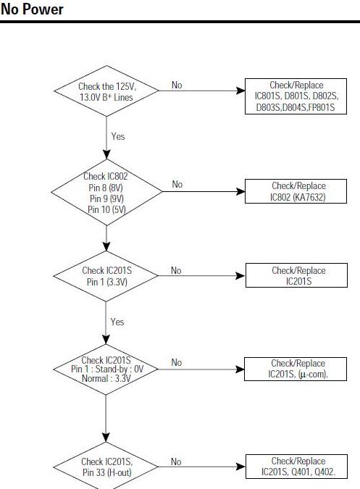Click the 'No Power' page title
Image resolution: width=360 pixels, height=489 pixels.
point(32,9)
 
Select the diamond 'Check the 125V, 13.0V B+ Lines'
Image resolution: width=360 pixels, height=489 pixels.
point(106,91)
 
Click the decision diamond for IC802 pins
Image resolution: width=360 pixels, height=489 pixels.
point(106,192)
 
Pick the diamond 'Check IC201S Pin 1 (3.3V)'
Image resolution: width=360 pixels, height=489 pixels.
point(106,276)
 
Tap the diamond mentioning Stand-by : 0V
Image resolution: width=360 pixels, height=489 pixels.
point(106,369)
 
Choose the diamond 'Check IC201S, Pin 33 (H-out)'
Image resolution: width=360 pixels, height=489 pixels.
point(106,467)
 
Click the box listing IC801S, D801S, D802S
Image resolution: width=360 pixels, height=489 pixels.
point(296,96)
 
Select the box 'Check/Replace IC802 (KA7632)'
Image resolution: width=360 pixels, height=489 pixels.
point(296,191)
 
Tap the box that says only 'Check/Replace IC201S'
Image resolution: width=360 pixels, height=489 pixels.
point(296,275)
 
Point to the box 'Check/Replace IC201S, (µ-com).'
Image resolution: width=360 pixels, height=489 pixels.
point(296,369)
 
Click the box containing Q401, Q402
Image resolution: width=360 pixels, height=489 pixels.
point(296,467)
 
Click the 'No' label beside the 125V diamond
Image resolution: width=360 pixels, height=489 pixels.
point(177,85)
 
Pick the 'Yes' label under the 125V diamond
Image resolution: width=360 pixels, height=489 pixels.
point(118,136)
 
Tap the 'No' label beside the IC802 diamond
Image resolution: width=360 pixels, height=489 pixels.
point(177,184)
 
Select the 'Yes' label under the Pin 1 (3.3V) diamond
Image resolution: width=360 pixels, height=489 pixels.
point(117,322)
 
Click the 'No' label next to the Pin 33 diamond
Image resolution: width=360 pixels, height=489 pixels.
point(176,461)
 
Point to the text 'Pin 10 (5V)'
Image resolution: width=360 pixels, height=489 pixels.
point(106,209)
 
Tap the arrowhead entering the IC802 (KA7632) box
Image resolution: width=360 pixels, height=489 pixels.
point(240,191)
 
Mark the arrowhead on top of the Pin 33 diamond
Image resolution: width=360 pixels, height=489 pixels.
point(106,438)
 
